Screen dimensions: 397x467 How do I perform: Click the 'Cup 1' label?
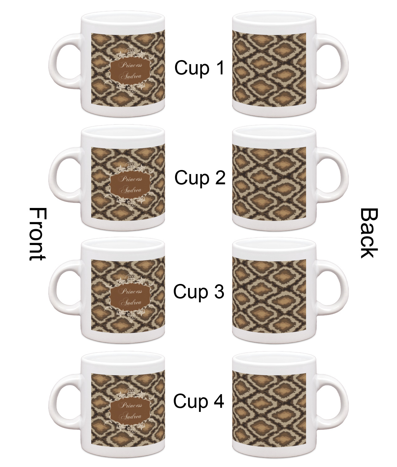(200, 68)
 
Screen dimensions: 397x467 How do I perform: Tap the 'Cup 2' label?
(200, 178)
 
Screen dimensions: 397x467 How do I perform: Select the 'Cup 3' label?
(199, 292)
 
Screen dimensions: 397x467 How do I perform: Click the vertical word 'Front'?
(38, 234)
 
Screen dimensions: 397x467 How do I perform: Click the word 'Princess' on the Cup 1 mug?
(131, 65)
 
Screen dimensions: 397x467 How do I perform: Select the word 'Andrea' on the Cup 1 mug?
(131, 76)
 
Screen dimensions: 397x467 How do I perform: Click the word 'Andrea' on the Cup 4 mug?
(131, 416)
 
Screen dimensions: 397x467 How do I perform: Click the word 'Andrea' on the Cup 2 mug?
(131, 190)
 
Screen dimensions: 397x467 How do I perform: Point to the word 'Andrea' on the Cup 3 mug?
(131, 303)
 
